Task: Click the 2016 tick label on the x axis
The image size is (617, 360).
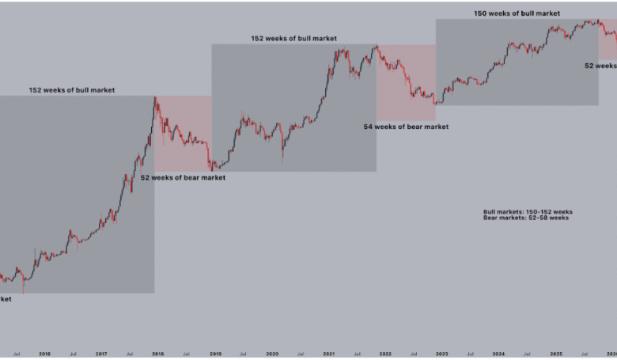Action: coord(44,354)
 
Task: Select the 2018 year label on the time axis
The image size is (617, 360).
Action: coord(158,354)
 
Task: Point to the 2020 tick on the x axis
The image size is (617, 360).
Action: coord(271,354)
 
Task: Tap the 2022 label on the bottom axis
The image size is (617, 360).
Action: coord(384,354)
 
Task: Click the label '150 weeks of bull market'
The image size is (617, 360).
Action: coord(517,13)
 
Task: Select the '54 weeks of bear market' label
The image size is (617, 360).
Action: coord(406,127)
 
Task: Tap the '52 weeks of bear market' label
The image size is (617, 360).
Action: coord(183,178)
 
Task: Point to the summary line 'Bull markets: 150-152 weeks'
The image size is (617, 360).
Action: coord(528,212)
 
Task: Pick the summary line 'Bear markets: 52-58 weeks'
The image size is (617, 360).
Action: coord(525,218)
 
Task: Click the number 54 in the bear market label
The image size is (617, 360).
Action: coord(369,127)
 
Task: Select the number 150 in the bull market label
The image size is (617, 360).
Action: coord(481,13)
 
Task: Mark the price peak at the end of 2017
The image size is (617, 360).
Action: coord(155,98)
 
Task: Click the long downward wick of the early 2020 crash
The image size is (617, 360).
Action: coord(282,158)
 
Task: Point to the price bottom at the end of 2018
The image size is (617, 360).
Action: coord(211,169)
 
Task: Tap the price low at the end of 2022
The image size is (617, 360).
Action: coord(434,103)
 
